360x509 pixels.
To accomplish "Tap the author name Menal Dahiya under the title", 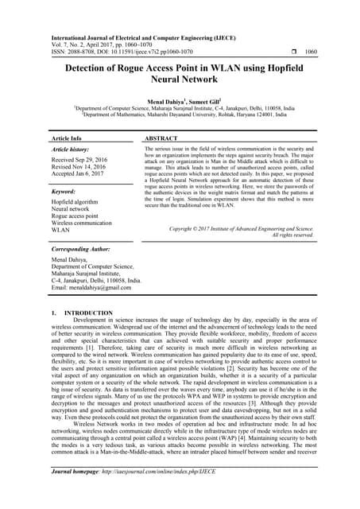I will (161, 103).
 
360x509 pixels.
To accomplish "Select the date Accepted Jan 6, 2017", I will (81, 177).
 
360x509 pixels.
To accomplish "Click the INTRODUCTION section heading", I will (87, 336).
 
